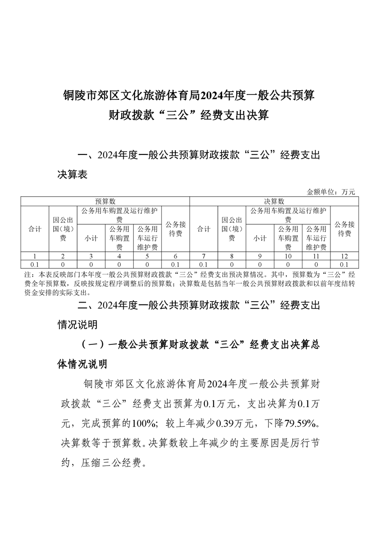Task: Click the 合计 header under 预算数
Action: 35,229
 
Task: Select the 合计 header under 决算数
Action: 203,229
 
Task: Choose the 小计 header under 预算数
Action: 91,238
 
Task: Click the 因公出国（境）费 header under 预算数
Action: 63,229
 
